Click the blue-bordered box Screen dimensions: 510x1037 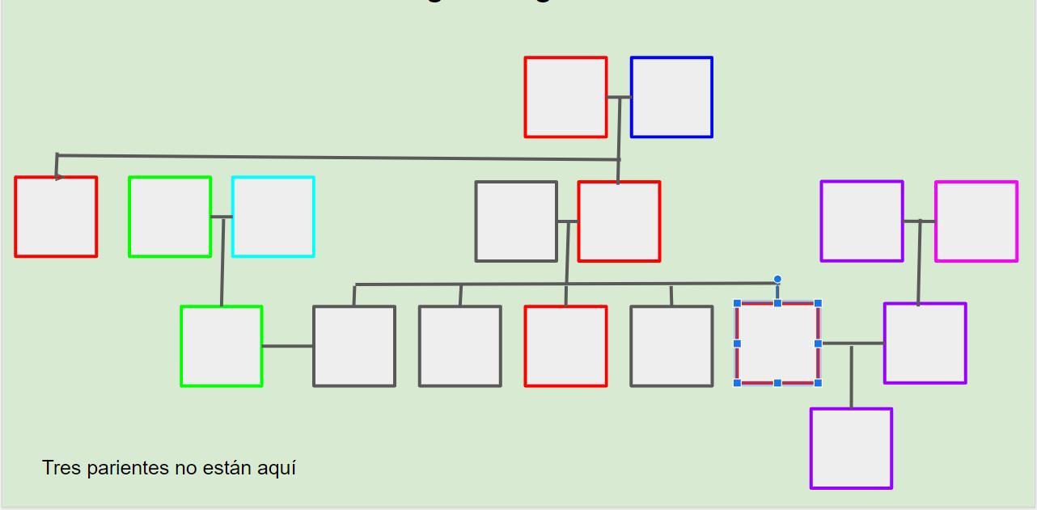click(x=671, y=97)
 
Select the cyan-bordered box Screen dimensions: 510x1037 click(x=273, y=217)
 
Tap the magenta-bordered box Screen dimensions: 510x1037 click(x=976, y=221)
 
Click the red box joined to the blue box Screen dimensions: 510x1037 click(x=565, y=97)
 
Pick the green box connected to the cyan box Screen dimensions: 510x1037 click(x=170, y=217)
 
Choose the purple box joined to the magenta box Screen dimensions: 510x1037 click(x=861, y=221)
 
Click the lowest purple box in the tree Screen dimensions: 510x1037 click(x=851, y=449)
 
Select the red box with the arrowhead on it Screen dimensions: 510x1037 click(x=56, y=217)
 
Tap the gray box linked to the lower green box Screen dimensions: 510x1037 click(x=354, y=346)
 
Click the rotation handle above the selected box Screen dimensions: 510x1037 click(x=777, y=280)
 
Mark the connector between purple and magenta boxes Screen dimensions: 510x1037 click(x=919, y=221)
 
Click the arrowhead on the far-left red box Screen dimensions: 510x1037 click(x=59, y=176)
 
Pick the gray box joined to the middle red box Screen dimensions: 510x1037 click(x=516, y=221)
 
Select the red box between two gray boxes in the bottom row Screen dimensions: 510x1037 click(x=565, y=346)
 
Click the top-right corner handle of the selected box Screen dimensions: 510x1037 click(x=819, y=303)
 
